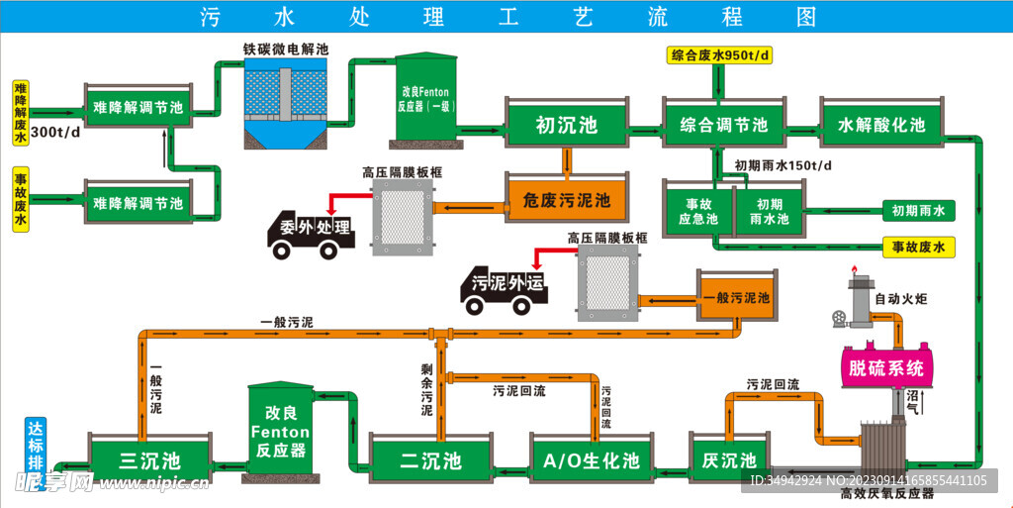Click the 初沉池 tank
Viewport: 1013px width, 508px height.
566,126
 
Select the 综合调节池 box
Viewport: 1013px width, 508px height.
724,126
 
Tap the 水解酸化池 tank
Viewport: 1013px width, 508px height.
880,126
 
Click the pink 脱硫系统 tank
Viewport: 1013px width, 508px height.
886,368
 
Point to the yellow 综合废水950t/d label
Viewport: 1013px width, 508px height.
719,55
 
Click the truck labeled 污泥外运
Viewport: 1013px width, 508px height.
505,286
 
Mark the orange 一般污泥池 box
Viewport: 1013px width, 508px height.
734,297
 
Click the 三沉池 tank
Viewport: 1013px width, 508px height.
149,460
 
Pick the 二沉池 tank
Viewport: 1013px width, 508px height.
430,460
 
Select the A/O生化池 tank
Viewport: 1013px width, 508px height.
592,460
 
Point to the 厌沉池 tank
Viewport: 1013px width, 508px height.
728,460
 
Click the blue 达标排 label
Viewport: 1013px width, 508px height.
35,446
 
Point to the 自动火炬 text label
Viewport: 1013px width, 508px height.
900,297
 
